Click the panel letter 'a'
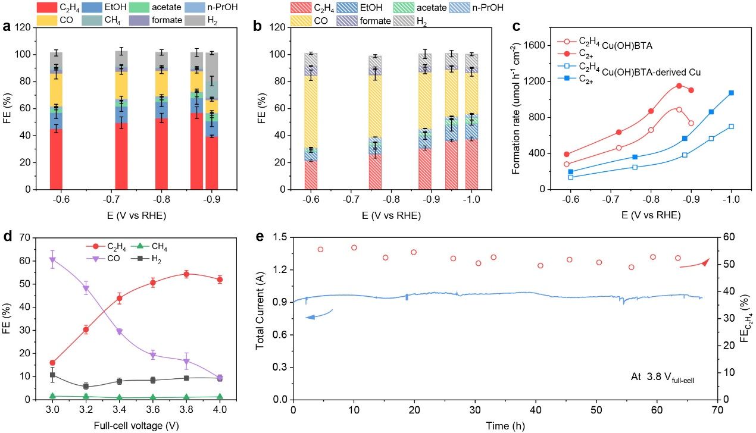click(7, 27)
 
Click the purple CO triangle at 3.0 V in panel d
click(52, 259)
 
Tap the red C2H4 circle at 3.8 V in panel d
click(186, 274)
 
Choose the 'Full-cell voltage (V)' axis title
click(136, 426)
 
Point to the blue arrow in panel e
click(318, 315)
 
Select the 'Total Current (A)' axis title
click(261, 318)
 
